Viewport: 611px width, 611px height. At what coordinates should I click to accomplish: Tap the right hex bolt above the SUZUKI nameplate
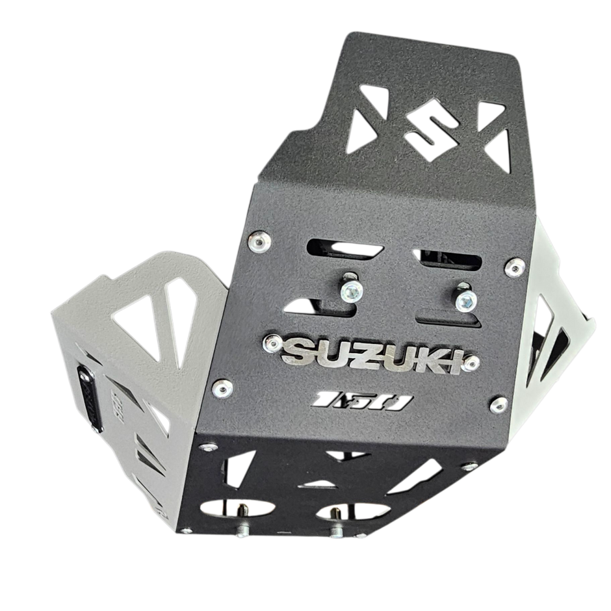pyautogui.click(x=466, y=299)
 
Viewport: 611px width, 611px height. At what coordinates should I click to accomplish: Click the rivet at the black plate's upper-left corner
pyautogui.click(x=260, y=241)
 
